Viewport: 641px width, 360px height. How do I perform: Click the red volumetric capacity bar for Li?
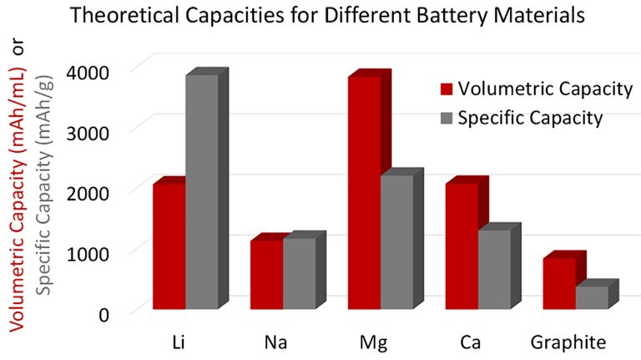pyautogui.click(x=169, y=246)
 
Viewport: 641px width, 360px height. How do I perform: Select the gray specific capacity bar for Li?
pyautogui.click(x=201, y=191)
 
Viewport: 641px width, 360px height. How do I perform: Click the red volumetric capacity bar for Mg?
pyautogui.click(x=364, y=192)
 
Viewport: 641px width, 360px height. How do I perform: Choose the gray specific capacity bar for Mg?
pyautogui.click(x=396, y=241)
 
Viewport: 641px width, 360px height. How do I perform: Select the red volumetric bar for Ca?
pyautogui.click(x=462, y=246)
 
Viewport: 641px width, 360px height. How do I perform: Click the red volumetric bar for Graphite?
pyautogui.click(x=559, y=283)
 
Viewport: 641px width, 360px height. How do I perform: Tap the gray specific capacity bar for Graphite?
pyautogui.click(x=592, y=297)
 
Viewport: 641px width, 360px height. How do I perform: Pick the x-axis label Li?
pyautogui.click(x=179, y=343)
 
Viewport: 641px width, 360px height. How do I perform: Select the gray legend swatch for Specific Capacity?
pyautogui.click(x=447, y=118)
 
